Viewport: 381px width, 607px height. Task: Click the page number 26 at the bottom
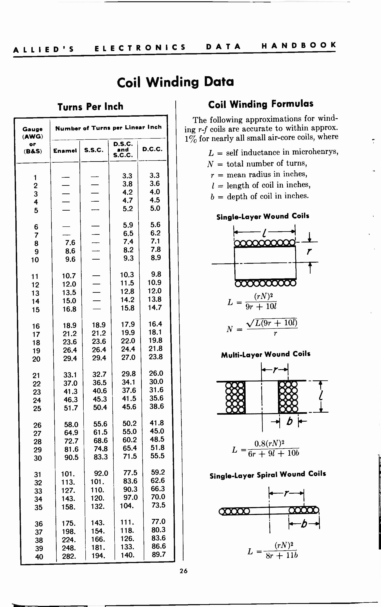pos(183,571)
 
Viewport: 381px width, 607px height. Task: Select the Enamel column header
pos(65,151)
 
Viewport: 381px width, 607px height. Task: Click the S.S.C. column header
pos(94,150)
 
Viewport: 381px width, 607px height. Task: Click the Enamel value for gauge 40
pos(69,556)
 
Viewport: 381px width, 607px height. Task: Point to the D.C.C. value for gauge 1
pos(155,175)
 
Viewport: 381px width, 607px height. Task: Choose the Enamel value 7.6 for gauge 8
pos(70,242)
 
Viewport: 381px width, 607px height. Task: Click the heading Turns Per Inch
pos(90,107)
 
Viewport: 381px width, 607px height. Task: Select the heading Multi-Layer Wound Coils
pos(266,354)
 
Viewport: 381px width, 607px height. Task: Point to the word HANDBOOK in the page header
pos(299,45)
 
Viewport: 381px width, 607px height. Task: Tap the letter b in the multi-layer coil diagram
pos(290,421)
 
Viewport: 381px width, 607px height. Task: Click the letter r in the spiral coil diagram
pos(286,493)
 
